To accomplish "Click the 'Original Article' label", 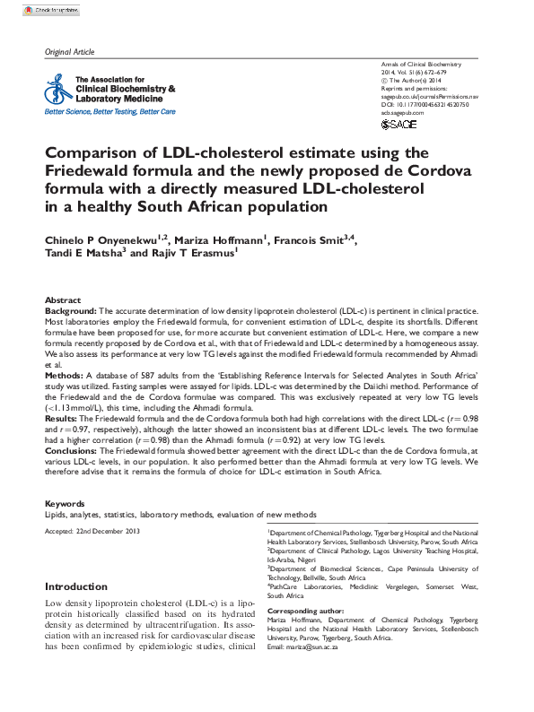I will coord(69,53).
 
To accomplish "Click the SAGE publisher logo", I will coord(399,124).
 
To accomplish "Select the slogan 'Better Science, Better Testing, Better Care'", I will coord(109,112).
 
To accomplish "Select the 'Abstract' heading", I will coord(63,300).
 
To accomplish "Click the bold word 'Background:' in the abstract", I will coord(71,309).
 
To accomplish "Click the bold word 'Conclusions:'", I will coord(73,450).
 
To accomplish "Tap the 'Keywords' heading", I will coord(65,505).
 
